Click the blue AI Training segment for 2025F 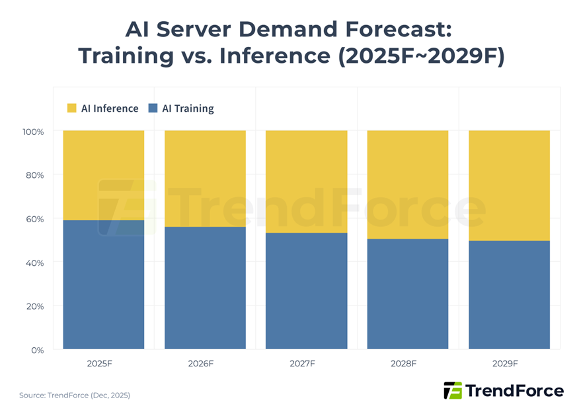[x=103, y=284]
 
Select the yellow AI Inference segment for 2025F [x=103, y=175]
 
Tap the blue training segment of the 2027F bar [x=306, y=291]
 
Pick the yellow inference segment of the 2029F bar [x=509, y=185]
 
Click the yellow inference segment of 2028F [x=408, y=185]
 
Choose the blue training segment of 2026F [x=205, y=288]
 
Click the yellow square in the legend [x=72, y=108]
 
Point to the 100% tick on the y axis [x=33, y=132]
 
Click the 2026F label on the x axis [x=205, y=364]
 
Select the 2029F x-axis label [x=509, y=364]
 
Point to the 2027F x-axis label [x=306, y=364]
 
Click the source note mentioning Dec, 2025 [x=75, y=395]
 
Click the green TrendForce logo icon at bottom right [x=453, y=390]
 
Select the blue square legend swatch [x=153, y=108]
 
